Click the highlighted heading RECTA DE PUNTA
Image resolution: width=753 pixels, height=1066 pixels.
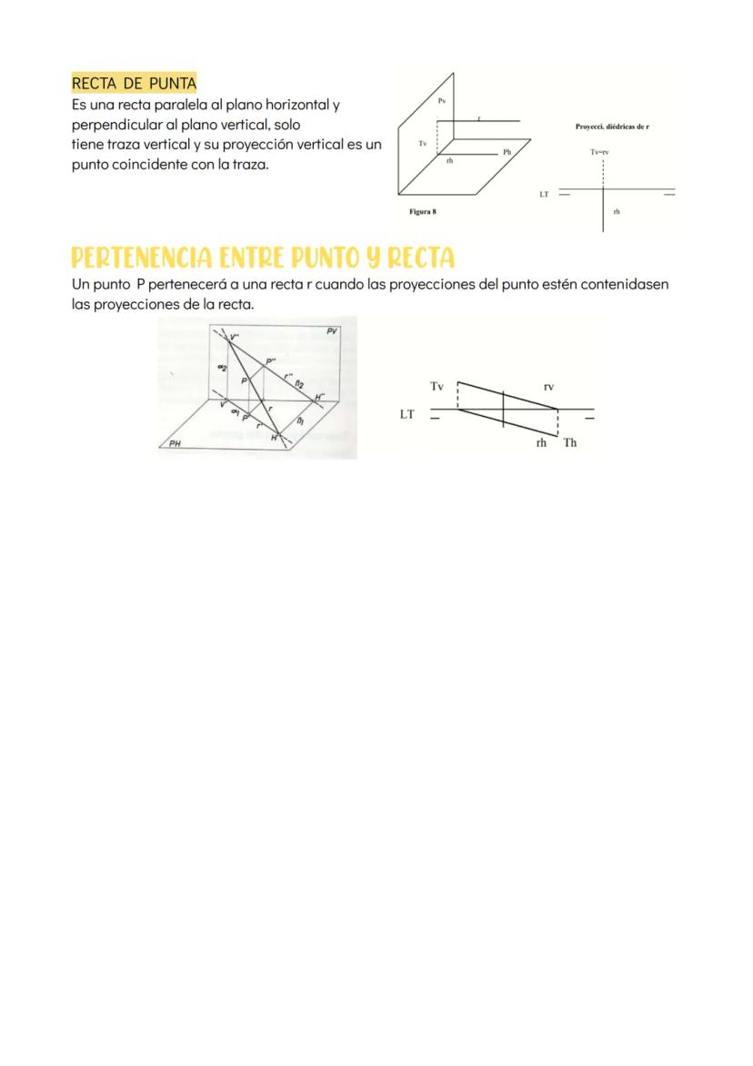134,84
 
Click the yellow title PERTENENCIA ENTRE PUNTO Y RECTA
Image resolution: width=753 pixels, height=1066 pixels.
263,257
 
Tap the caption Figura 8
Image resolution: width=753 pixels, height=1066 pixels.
423,211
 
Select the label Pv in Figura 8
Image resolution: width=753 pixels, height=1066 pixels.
442,100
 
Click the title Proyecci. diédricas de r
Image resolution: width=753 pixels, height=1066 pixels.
612,127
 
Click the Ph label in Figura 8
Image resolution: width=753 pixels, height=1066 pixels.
507,151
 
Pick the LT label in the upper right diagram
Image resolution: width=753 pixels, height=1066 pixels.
544,194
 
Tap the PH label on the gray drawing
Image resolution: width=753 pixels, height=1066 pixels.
176,444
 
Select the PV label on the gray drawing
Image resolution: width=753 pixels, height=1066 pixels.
332,330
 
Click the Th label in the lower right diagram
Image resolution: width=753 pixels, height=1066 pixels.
570,443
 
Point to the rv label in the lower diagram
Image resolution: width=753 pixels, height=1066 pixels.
548,387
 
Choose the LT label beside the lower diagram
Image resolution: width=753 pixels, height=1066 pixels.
407,414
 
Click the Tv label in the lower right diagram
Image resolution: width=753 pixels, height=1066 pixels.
437,387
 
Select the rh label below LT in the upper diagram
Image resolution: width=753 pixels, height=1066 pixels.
617,211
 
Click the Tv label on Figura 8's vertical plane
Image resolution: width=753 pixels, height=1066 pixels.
423,144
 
